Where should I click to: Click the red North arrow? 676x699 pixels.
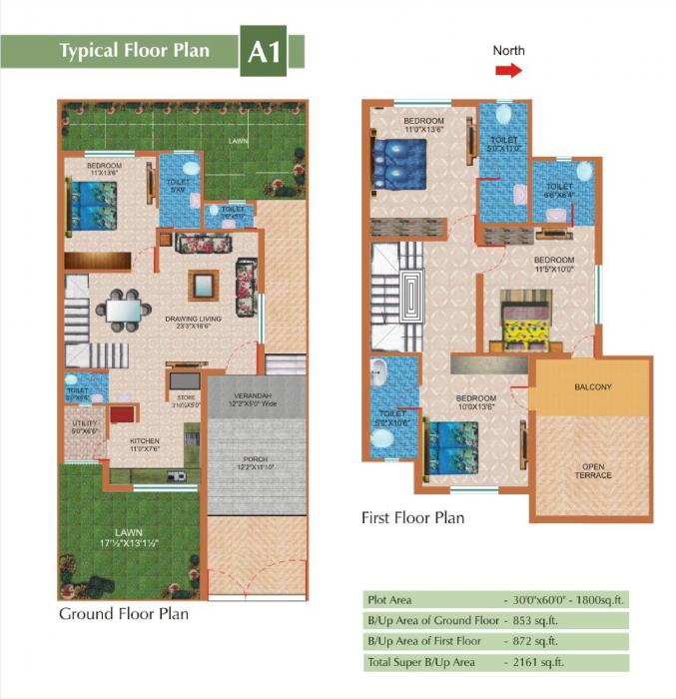(508, 70)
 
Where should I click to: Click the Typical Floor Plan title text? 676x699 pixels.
(135, 51)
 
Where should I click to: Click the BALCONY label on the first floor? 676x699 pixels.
(593, 386)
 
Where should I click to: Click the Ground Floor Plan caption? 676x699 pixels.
(124, 613)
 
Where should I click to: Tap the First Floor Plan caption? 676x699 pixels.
(412, 518)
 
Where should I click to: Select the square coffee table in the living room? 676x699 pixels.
(205, 283)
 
